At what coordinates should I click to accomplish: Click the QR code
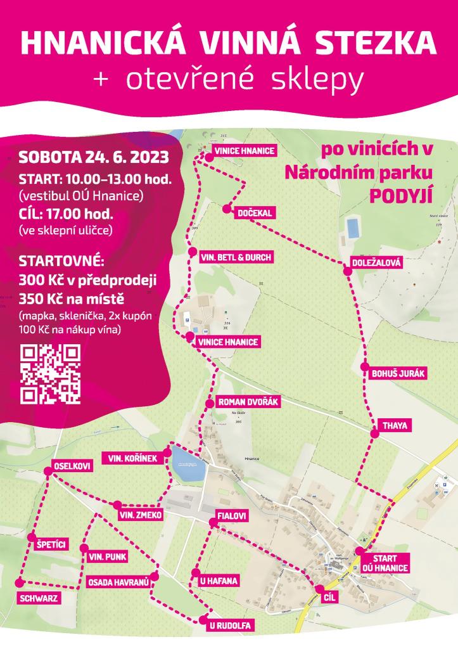tap(51, 374)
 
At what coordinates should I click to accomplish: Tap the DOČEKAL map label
tap(254, 213)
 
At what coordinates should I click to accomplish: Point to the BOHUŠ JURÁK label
tap(398, 374)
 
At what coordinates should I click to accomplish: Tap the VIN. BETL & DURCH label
tap(236, 257)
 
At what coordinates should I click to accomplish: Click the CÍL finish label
tap(328, 598)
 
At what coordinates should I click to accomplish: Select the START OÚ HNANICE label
tap(385, 563)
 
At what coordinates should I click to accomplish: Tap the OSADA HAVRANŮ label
tap(118, 581)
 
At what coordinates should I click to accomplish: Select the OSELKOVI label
tap(72, 466)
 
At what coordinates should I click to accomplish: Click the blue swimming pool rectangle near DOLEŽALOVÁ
tap(351, 226)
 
